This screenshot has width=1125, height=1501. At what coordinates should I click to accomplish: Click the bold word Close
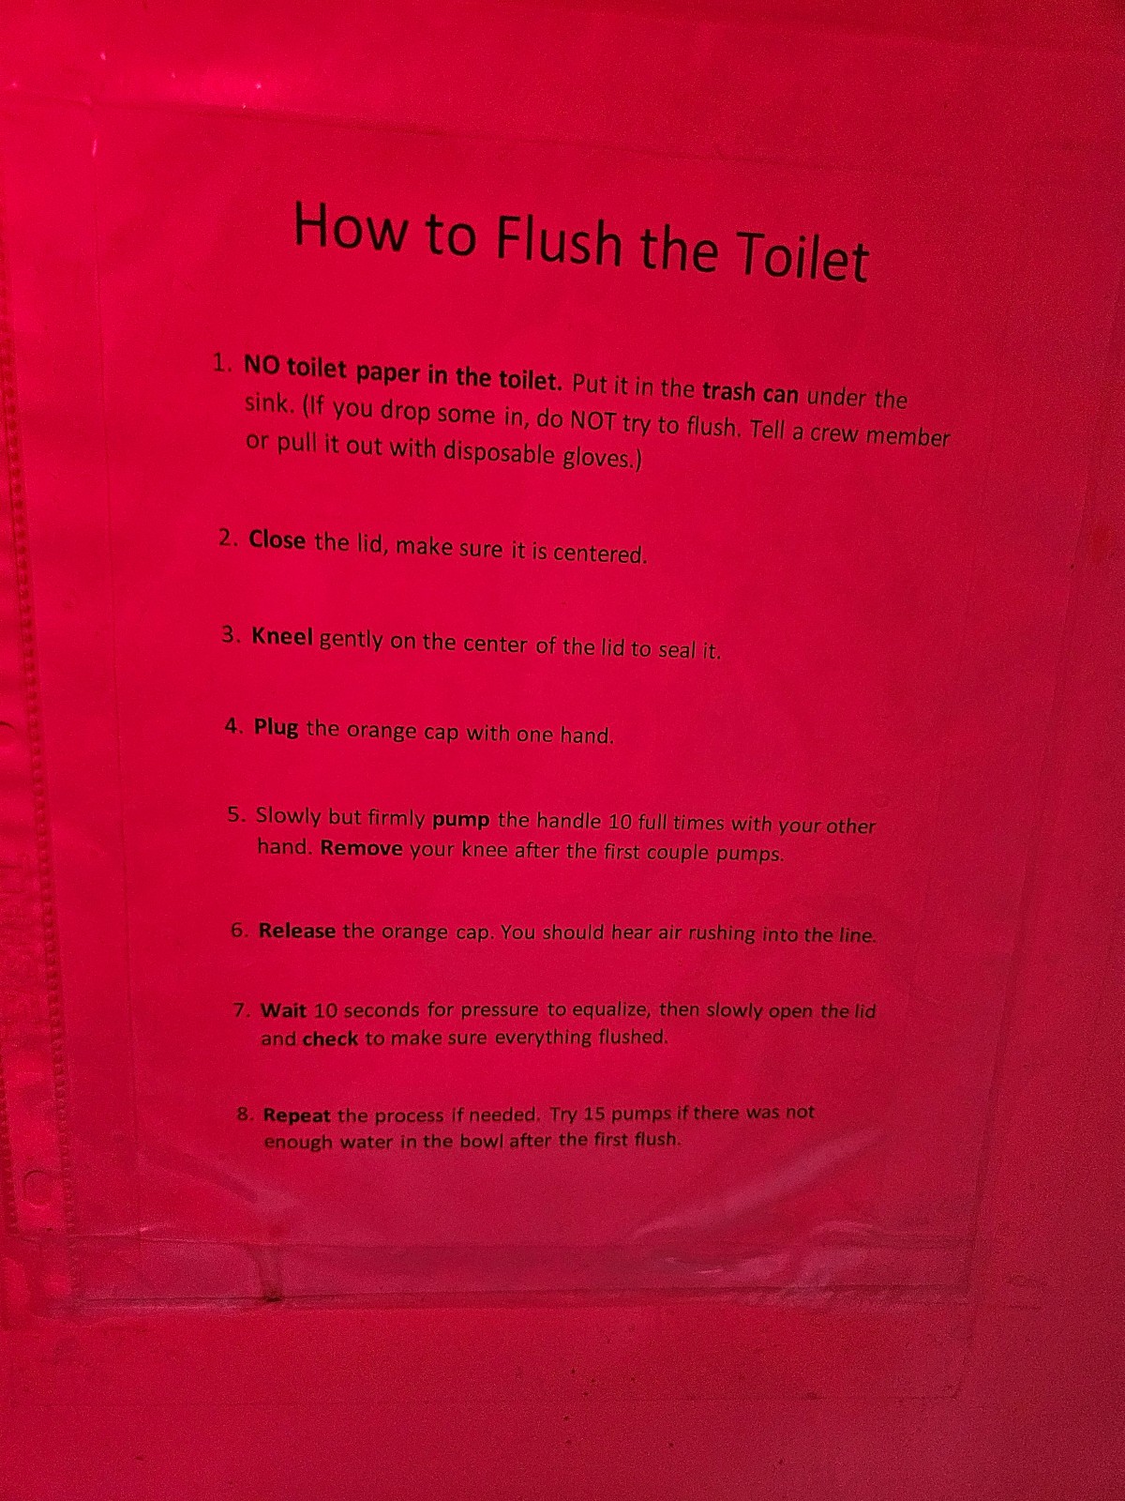pyautogui.click(x=277, y=540)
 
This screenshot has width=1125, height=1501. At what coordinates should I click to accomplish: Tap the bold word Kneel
pyautogui.click(x=282, y=637)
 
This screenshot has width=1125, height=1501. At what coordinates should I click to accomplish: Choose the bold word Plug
pyautogui.click(x=276, y=728)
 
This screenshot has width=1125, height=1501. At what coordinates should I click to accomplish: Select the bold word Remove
pyautogui.click(x=361, y=849)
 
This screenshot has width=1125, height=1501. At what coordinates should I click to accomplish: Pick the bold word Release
pyautogui.click(x=297, y=932)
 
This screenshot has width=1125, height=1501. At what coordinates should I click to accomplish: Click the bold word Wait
pyautogui.click(x=283, y=1009)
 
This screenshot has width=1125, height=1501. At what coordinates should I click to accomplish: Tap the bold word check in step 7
pyautogui.click(x=330, y=1039)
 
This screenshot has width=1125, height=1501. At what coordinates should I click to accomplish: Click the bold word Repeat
pyautogui.click(x=297, y=1115)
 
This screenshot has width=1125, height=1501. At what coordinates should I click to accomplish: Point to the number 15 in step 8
pyautogui.click(x=595, y=1114)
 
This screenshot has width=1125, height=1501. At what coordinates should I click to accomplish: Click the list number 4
pyautogui.click(x=233, y=726)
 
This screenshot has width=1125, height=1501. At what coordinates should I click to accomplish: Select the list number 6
pyautogui.click(x=238, y=931)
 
